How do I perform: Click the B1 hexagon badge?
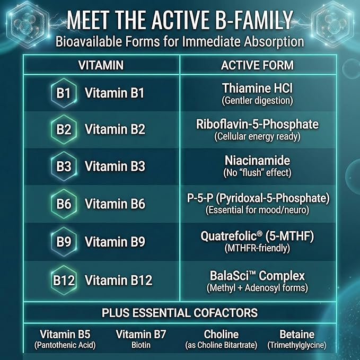pyautogui.click(x=63, y=93)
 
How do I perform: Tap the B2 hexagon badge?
pyautogui.click(x=63, y=130)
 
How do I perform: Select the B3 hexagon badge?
pyautogui.click(x=63, y=166)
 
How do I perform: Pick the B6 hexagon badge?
pyautogui.click(x=63, y=204)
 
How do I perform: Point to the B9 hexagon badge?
pyautogui.click(x=63, y=241)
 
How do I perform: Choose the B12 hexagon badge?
pyautogui.click(x=64, y=279)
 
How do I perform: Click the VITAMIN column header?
pyautogui.click(x=101, y=65)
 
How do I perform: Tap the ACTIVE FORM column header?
pyautogui.click(x=257, y=65)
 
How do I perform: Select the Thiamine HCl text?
pyautogui.click(x=257, y=88)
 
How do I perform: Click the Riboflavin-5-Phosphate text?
pyautogui.click(x=257, y=125)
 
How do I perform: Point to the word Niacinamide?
pyautogui.click(x=257, y=161)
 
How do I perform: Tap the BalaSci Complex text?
pyautogui.click(x=257, y=276)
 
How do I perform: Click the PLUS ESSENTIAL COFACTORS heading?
pyautogui.click(x=180, y=312)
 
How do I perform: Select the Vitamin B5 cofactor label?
pyautogui.click(x=65, y=335)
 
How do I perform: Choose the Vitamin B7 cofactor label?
pyautogui.click(x=141, y=335)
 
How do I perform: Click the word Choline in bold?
pyautogui.click(x=221, y=335)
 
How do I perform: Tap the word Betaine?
pyautogui.click(x=297, y=335)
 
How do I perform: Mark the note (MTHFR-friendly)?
pyautogui.click(x=257, y=248)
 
